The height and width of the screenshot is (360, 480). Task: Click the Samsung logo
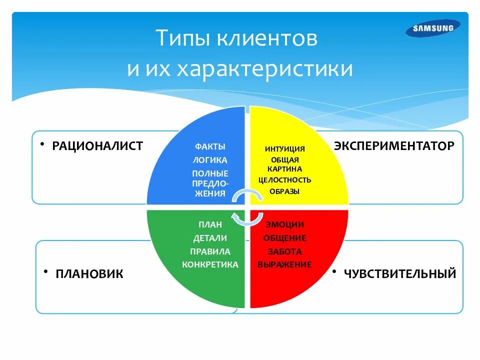(433, 28)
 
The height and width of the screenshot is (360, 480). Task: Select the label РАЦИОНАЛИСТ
(97, 145)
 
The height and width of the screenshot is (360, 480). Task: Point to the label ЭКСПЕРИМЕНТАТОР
(394, 145)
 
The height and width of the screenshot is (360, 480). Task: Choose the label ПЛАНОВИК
(89, 273)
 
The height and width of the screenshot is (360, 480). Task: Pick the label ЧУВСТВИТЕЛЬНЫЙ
(399, 273)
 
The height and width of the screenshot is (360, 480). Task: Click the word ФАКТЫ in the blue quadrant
(210, 147)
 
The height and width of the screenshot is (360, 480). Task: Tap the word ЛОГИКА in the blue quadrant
(210, 160)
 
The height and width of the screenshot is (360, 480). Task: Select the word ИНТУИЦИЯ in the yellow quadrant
(285, 149)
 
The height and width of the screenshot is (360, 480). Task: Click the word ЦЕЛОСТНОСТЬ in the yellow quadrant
(285, 180)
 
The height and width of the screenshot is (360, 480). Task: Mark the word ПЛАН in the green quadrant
(210, 224)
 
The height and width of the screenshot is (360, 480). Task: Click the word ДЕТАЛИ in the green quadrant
(210, 238)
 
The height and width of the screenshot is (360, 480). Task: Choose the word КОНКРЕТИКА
(210, 264)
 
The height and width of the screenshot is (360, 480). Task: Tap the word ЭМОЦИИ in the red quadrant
(285, 225)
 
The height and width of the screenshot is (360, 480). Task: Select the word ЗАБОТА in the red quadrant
(285, 251)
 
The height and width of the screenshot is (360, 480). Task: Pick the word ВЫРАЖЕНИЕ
(285, 264)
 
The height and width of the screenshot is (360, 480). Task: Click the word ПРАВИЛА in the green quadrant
(210, 251)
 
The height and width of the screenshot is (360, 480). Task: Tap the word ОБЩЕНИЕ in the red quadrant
(285, 238)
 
